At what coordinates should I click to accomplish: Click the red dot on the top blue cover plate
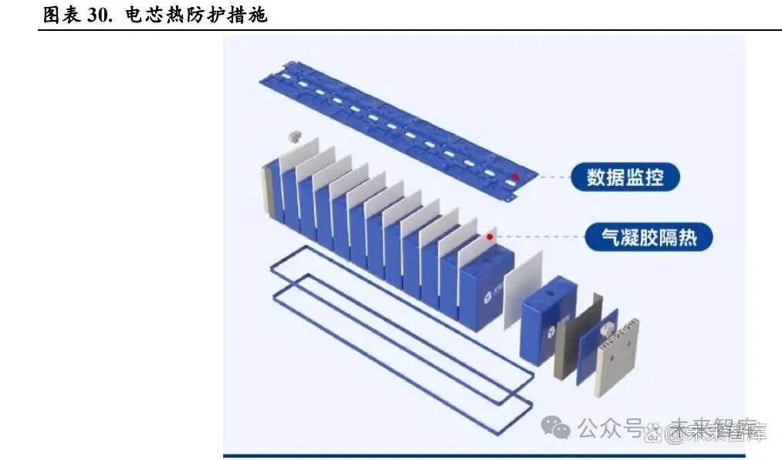(515, 177)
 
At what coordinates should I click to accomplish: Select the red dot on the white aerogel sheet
(489, 236)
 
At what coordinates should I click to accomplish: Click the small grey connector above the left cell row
(293, 137)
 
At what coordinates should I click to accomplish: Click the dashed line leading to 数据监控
(545, 178)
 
